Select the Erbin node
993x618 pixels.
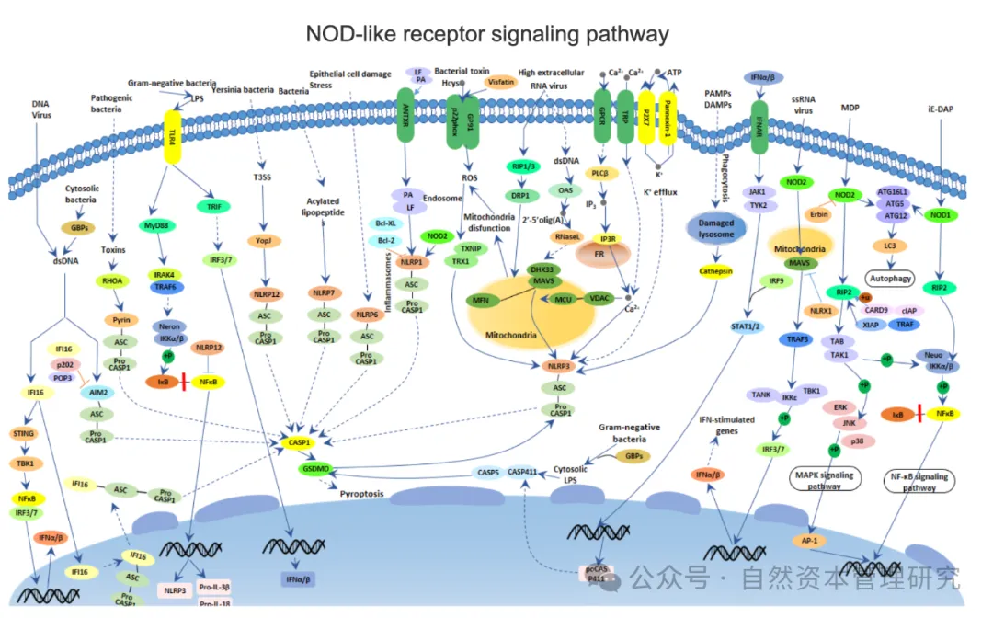pos(818,214)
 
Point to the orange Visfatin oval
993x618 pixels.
pos(500,80)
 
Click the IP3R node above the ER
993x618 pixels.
pos(608,238)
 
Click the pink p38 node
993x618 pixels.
pos(858,441)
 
